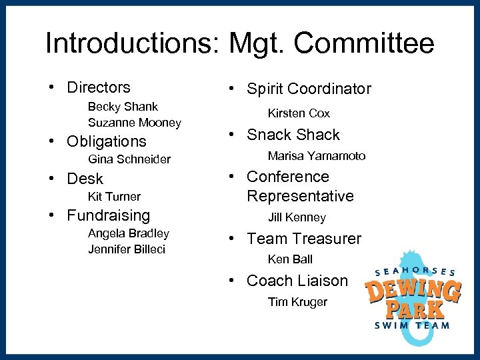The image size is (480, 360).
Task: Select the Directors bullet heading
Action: point(99,87)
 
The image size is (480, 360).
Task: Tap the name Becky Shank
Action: point(123,107)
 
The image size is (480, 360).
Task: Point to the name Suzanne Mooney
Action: point(134,123)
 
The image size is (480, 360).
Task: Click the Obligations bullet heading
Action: point(106,141)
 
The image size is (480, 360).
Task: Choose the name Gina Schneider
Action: point(129,159)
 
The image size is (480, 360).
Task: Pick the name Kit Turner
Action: point(114,197)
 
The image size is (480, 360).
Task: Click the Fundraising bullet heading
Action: point(109,215)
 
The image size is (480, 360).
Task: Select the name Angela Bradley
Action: point(129,233)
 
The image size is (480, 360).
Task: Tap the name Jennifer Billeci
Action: point(127,249)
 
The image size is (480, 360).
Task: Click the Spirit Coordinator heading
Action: point(309,89)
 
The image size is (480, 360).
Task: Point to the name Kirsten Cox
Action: point(299,113)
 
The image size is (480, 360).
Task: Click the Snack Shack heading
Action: point(293,135)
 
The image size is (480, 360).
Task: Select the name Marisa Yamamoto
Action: point(317,156)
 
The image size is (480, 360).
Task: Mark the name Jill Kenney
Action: point(297,217)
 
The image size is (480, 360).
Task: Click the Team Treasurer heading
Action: point(303,239)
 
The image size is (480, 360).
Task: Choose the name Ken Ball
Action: point(290,259)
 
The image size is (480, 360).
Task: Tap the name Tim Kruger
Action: point(297,302)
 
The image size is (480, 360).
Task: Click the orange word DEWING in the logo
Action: point(413,291)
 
